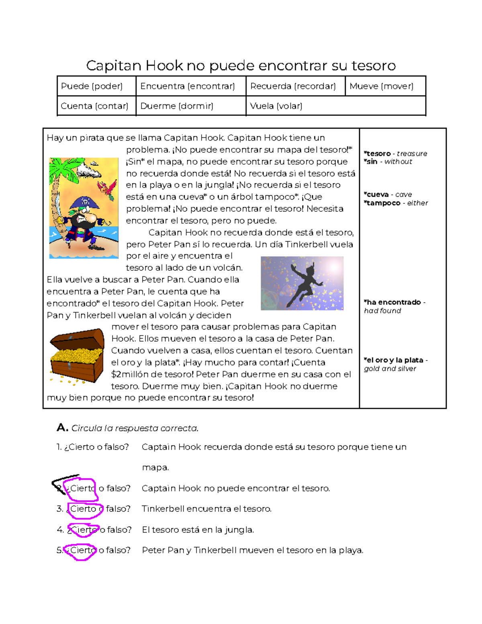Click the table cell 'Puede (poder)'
click(x=92, y=86)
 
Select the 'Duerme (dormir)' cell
click(x=177, y=106)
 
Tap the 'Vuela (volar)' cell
click(x=276, y=106)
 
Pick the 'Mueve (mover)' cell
click(x=381, y=86)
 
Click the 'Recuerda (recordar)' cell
click(x=293, y=86)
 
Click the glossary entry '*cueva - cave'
click(x=388, y=194)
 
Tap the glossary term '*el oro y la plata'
click(x=394, y=360)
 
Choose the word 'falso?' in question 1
click(x=116, y=447)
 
